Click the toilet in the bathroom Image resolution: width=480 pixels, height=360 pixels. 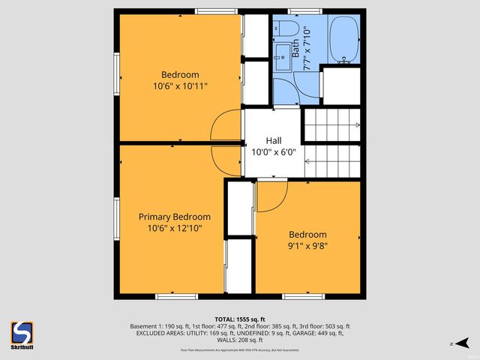click(287, 28)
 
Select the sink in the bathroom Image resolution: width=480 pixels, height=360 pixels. click(282, 56)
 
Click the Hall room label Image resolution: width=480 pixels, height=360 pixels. click(274, 140)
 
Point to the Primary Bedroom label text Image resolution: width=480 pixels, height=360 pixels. click(175, 217)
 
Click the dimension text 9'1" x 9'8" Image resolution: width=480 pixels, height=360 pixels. click(307, 245)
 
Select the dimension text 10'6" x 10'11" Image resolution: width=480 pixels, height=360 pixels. click(180, 86)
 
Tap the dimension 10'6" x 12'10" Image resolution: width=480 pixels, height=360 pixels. click(175, 228)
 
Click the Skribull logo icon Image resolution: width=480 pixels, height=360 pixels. click(22, 333)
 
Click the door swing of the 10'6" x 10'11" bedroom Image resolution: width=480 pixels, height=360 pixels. click(223, 124)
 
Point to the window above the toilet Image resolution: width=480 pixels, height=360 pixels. click(300, 10)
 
